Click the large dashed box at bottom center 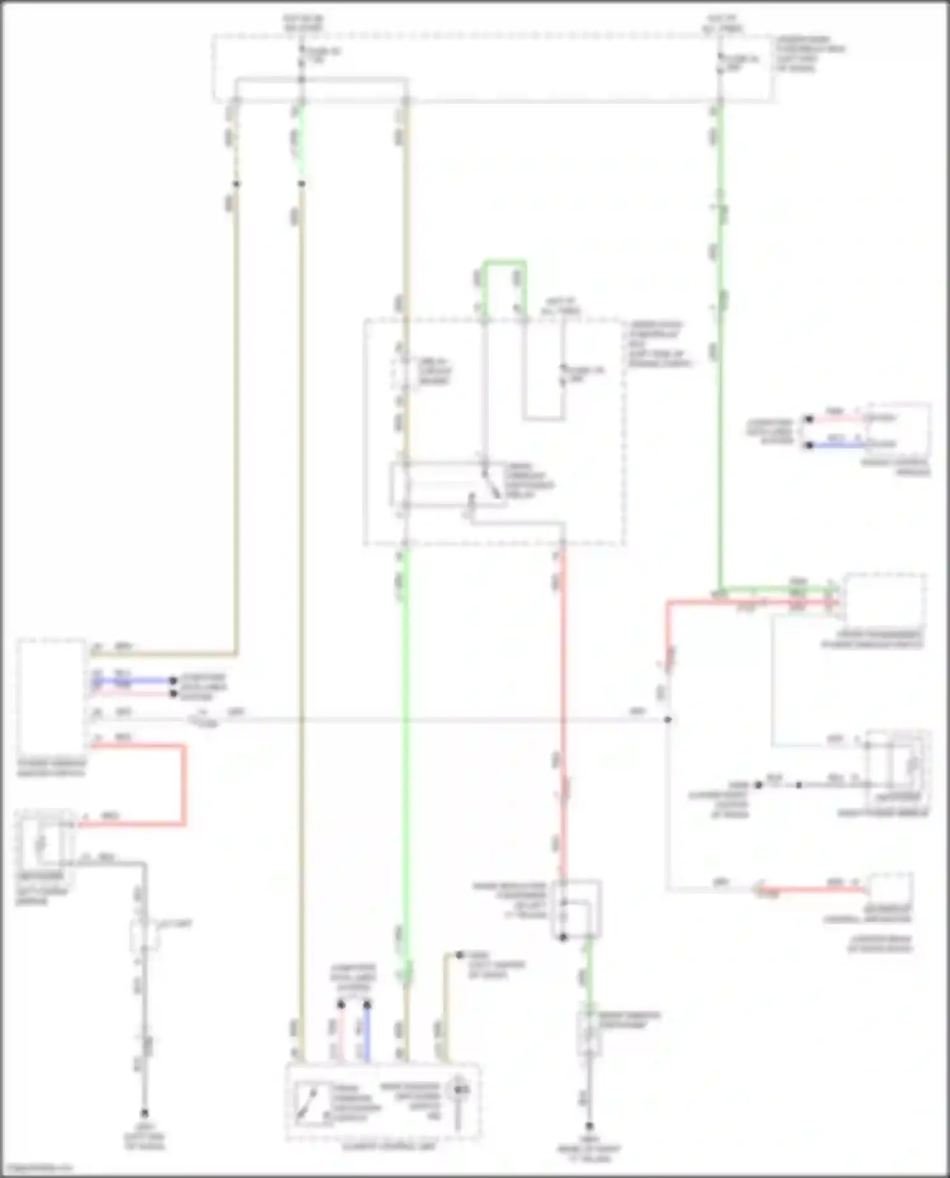pos(383,1101)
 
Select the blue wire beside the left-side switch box pos(133,681)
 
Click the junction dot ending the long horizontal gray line pos(668,720)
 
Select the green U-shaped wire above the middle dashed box pos(505,262)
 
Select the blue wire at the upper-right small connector pos(836,445)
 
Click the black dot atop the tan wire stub pos(460,955)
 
